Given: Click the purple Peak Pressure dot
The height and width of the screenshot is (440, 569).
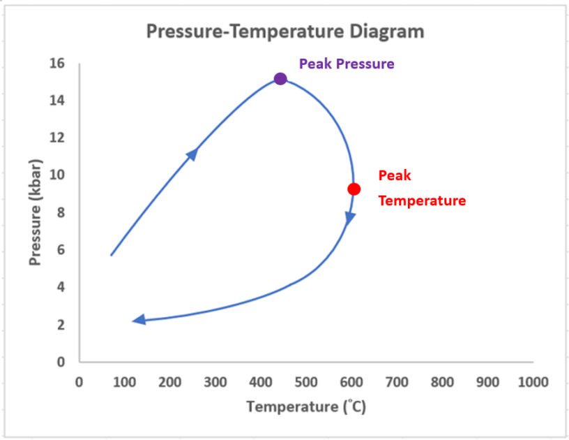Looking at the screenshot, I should click(x=280, y=79).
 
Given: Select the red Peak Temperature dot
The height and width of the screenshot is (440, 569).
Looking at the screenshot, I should click(x=354, y=189).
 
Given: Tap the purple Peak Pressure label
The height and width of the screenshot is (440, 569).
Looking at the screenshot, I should click(x=347, y=64).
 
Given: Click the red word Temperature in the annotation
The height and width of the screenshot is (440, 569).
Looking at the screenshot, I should click(x=422, y=201).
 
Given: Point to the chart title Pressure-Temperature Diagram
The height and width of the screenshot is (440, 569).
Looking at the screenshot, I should click(x=284, y=31).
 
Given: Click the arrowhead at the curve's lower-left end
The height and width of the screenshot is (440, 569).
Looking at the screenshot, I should click(x=139, y=320).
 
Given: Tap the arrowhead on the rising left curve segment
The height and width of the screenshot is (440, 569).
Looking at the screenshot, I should click(x=192, y=153).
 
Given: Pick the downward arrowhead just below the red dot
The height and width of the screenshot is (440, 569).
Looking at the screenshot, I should click(x=350, y=219).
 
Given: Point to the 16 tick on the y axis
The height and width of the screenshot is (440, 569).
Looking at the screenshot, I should click(x=57, y=64).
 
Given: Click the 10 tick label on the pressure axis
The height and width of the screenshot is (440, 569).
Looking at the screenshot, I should click(x=57, y=175).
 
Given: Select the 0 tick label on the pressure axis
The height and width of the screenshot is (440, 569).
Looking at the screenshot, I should click(x=61, y=362).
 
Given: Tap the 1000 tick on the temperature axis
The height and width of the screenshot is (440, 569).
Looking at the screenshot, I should click(x=533, y=382).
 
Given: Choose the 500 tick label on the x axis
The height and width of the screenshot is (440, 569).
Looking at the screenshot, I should click(x=305, y=382).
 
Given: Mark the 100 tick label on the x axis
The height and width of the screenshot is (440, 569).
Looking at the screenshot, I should click(x=124, y=382).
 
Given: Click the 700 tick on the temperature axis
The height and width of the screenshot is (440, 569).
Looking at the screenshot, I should click(x=396, y=382).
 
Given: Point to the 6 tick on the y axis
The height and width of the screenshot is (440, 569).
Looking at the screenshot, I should click(x=61, y=250).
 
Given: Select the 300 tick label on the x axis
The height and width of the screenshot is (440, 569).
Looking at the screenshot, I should click(x=215, y=382).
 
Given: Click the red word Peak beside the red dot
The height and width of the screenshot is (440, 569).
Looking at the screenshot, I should click(x=395, y=176).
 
